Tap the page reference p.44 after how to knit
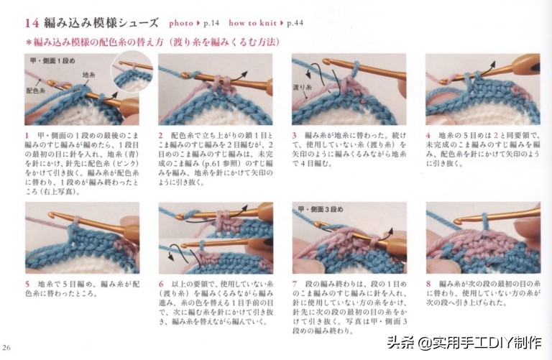pos(295,23)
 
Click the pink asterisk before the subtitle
pos(29,42)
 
